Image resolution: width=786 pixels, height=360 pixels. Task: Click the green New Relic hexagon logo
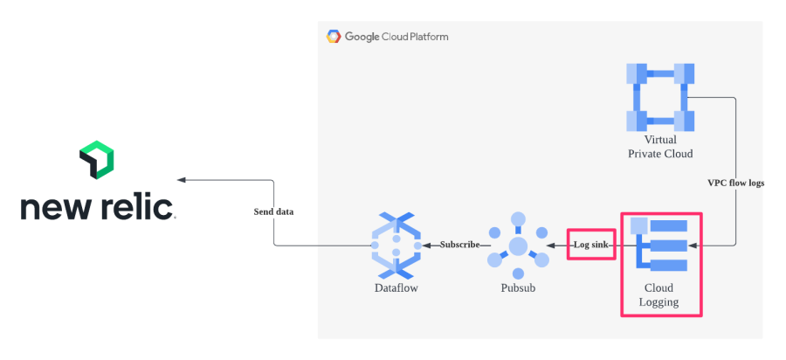97,159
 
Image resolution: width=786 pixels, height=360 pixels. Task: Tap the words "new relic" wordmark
97,207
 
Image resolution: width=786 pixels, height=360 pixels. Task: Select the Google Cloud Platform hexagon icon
334,37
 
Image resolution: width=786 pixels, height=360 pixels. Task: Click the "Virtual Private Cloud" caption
660,147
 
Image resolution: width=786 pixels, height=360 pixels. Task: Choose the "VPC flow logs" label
735,183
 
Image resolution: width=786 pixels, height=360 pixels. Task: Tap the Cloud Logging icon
661,245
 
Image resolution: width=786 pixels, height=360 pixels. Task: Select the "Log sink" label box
592,245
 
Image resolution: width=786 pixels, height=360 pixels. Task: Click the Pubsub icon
518,245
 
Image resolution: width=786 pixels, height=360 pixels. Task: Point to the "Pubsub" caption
518,287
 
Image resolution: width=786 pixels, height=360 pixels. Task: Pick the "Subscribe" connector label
459,245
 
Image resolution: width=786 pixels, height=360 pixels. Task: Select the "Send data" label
273,211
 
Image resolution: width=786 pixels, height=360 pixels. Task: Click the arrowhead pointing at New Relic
182,180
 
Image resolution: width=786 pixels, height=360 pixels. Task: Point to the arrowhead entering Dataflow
428,245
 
